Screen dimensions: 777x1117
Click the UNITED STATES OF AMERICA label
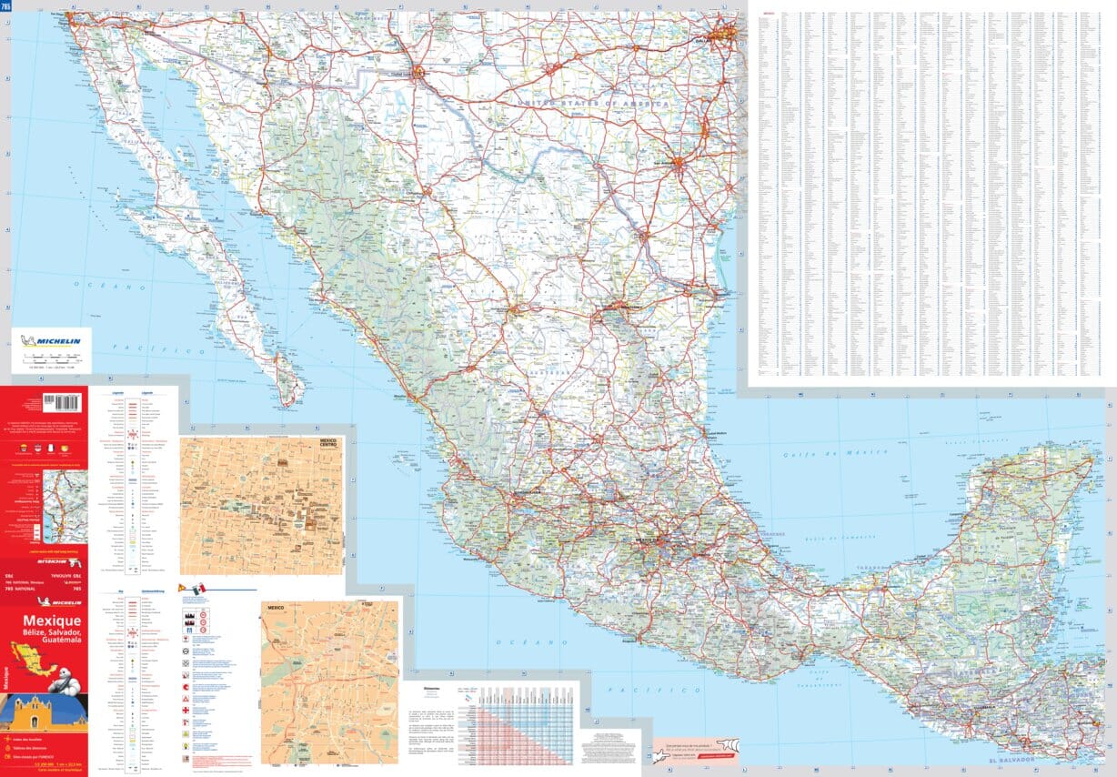593,105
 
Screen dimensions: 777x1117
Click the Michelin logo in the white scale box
52,342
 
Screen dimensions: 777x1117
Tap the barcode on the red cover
62,401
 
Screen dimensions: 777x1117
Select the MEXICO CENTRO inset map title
326,443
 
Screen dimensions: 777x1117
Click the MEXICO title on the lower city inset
275,607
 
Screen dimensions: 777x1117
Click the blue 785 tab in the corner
6,5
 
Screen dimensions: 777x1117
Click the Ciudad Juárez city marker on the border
418,73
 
